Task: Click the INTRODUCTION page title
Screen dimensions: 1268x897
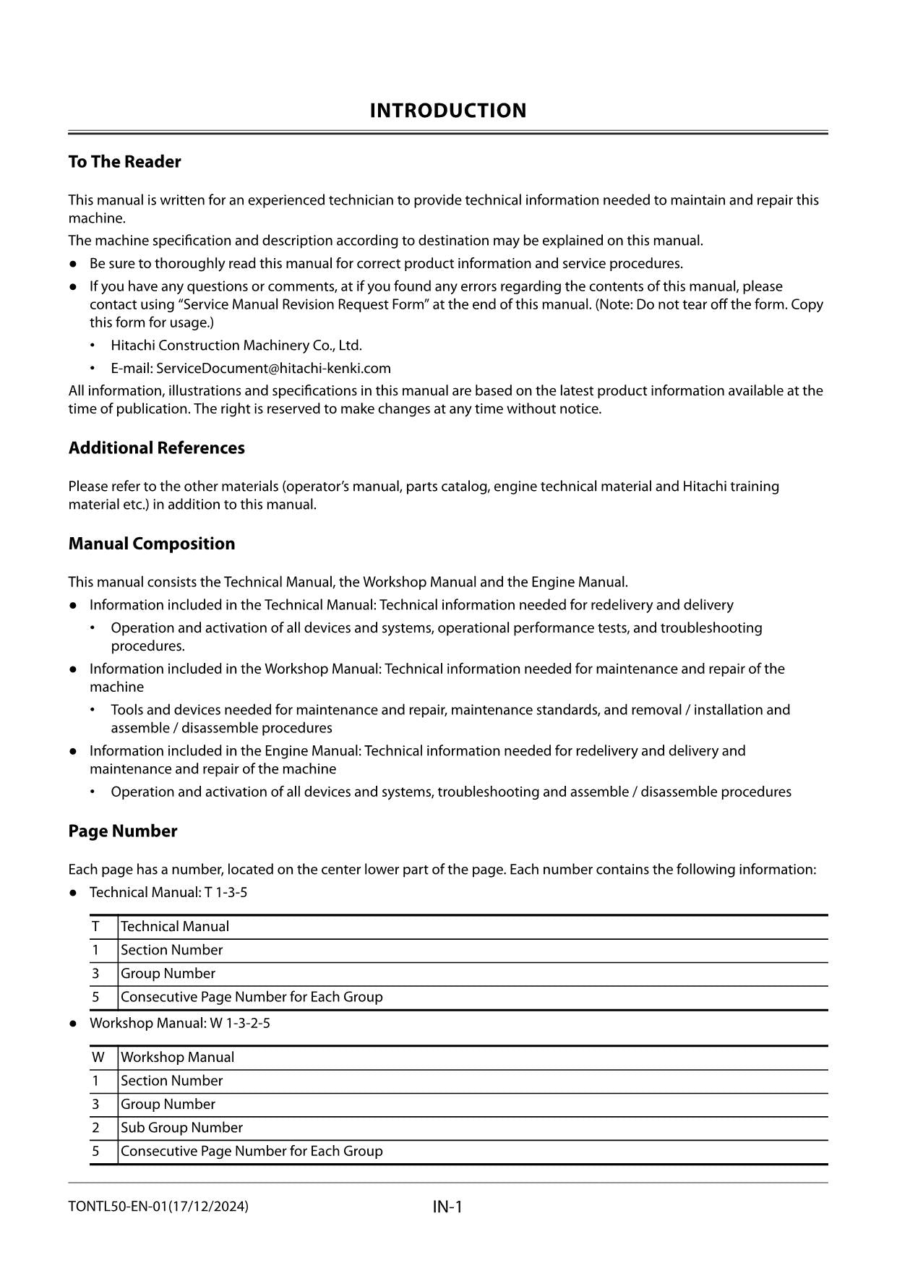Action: tap(447, 111)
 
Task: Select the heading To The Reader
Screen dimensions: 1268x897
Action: tap(124, 162)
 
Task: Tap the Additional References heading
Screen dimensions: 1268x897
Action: tap(156, 448)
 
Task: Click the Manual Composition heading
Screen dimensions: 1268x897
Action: tap(151, 544)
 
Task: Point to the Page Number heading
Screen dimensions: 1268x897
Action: tap(122, 831)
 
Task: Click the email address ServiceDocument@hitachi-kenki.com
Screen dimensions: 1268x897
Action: tap(273, 368)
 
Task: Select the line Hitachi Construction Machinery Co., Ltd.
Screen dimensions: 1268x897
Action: tap(236, 346)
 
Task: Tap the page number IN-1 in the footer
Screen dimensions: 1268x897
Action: tap(447, 1207)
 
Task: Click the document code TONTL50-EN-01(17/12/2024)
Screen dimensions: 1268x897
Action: tap(158, 1206)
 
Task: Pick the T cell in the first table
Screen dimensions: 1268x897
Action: tap(95, 927)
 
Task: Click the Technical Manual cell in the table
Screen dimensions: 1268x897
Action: tap(175, 927)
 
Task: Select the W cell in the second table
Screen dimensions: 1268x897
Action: tap(98, 1058)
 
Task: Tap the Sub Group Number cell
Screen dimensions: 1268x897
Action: tap(181, 1128)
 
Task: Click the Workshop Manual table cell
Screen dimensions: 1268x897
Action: tap(177, 1058)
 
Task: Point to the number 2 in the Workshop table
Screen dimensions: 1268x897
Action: tap(95, 1128)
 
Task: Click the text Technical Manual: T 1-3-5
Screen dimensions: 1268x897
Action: tap(168, 893)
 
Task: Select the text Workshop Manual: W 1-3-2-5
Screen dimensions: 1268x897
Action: tap(179, 1024)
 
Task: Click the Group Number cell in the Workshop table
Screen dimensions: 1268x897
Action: tap(168, 1105)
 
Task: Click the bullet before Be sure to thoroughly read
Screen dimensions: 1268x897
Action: tap(73, 264)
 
